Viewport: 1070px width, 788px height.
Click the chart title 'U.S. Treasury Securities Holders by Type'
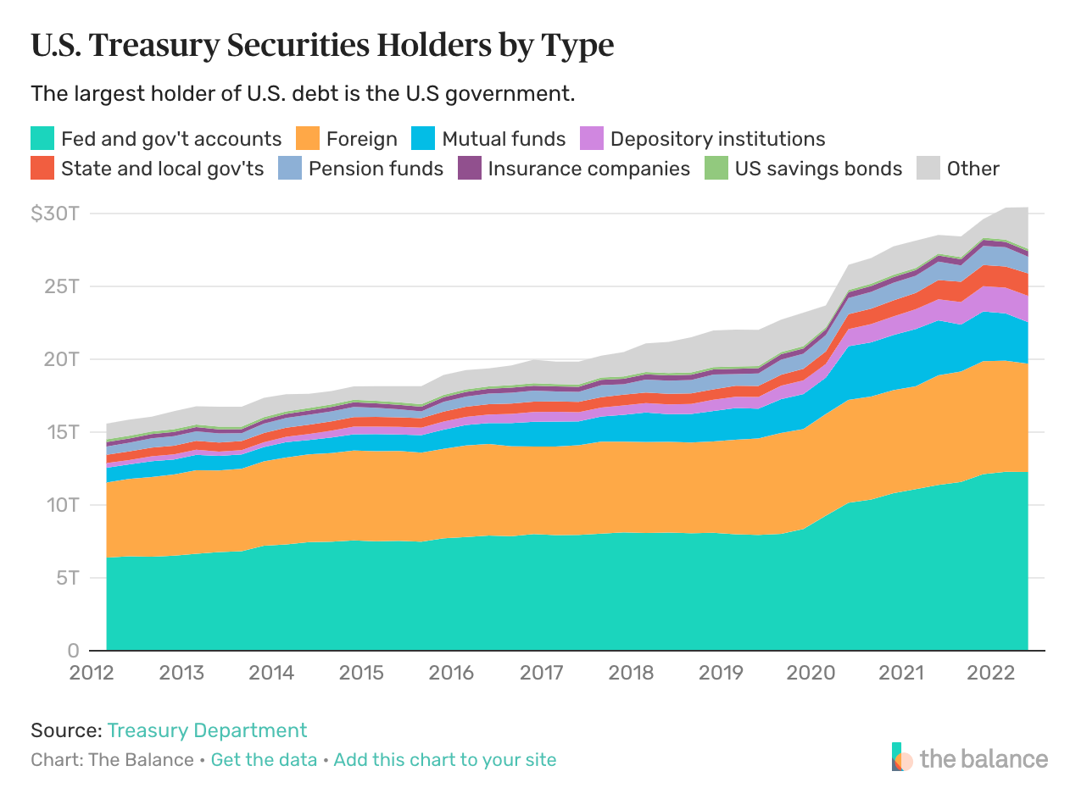(x=322, y=46)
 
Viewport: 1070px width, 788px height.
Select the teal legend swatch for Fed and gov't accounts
(x=42, y=138)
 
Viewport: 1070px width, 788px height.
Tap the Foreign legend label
(x=362, y=138)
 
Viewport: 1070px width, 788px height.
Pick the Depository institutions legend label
(x=717, y=138)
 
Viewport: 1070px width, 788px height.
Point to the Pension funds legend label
(x=376, y=168)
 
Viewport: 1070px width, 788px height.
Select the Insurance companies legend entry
(x=588, y=168)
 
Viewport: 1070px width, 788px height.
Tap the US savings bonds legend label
(x=818, y=168)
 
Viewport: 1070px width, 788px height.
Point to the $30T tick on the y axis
(x=55, y=213)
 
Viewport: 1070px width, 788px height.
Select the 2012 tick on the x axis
(x=92, y=673)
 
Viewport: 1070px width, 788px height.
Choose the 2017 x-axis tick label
(x=542, y=673)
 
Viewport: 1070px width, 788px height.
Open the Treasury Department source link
(x=207, y=730)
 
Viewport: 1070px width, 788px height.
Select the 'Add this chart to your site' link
(x=445, y=759)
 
